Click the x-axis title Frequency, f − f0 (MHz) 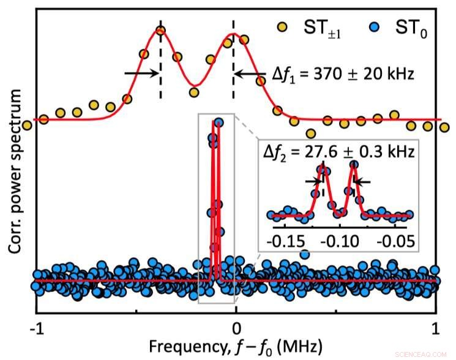[235, 347]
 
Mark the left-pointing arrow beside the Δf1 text [248, 73]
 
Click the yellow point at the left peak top [161, 31]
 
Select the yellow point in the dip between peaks [195, 92]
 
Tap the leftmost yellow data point [27, 126]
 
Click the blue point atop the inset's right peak [354, 164]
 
